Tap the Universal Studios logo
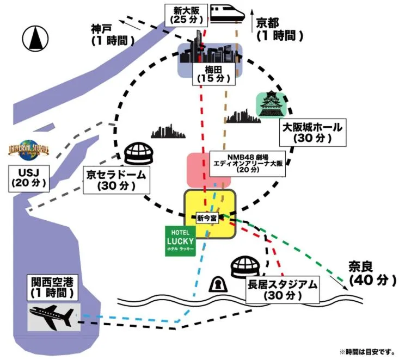(x=29, y=151)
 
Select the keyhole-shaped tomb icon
(x=219, y=284)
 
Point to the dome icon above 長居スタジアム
(x=247, y=268)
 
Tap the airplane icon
(x=54, y=317)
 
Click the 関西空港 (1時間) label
(x=52, y=287)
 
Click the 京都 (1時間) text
(x=278, y=29)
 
